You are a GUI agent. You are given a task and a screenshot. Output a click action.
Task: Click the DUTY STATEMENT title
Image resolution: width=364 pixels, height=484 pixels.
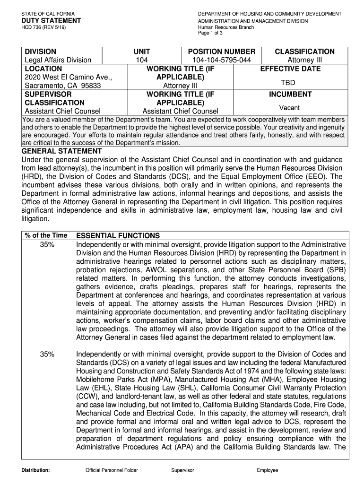[51, 21]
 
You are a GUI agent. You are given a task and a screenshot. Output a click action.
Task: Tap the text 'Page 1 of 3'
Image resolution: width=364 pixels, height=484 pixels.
[211, 33]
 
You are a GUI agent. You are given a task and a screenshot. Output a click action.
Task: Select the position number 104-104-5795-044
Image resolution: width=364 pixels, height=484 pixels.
[222, 60]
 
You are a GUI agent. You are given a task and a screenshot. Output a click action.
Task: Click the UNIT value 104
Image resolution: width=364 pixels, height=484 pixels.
[142, 60]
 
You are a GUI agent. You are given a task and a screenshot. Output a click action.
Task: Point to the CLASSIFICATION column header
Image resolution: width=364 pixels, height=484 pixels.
[304, 52]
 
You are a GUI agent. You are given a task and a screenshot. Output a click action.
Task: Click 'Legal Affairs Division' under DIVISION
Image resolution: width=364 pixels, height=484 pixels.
[58, 60]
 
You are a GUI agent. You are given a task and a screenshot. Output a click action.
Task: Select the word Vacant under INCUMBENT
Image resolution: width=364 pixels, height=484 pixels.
[289, 108]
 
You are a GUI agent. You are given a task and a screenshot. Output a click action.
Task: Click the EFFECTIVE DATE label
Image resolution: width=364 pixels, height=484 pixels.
[290, 69]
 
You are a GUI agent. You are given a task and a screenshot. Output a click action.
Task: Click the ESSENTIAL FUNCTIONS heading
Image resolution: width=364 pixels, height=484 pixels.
[118, 236]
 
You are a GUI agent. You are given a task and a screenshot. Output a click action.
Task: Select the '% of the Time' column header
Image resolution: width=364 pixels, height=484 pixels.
[47, 236]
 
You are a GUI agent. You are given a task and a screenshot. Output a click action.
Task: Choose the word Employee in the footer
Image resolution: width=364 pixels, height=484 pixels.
[268, 470]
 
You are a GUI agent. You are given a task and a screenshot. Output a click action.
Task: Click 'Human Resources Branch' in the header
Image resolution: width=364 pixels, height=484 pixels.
[226, 27]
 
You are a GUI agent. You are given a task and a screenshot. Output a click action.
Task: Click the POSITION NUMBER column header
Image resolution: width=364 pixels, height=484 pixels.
[222, 52]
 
